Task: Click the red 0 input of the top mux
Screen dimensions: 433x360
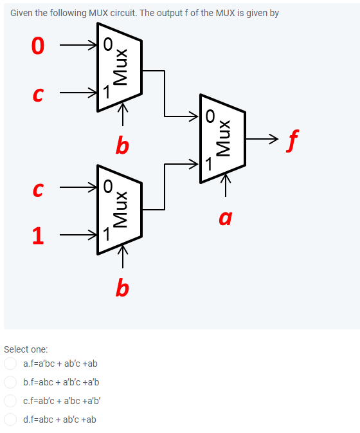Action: [x=39, y=46]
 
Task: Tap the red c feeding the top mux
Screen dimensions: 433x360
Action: [x=39, y=95]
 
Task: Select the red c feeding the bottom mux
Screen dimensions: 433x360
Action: [x=39, y=189]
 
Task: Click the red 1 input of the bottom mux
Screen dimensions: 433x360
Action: [x=39, y=236]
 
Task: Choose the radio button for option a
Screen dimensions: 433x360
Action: [x=10, y=364]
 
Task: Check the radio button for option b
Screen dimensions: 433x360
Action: [x=10, y=382]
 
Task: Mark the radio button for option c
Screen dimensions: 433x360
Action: [x=10, y=401]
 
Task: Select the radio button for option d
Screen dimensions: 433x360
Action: [x=10, y=419]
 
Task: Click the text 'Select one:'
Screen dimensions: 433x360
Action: [x=26, y=349]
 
